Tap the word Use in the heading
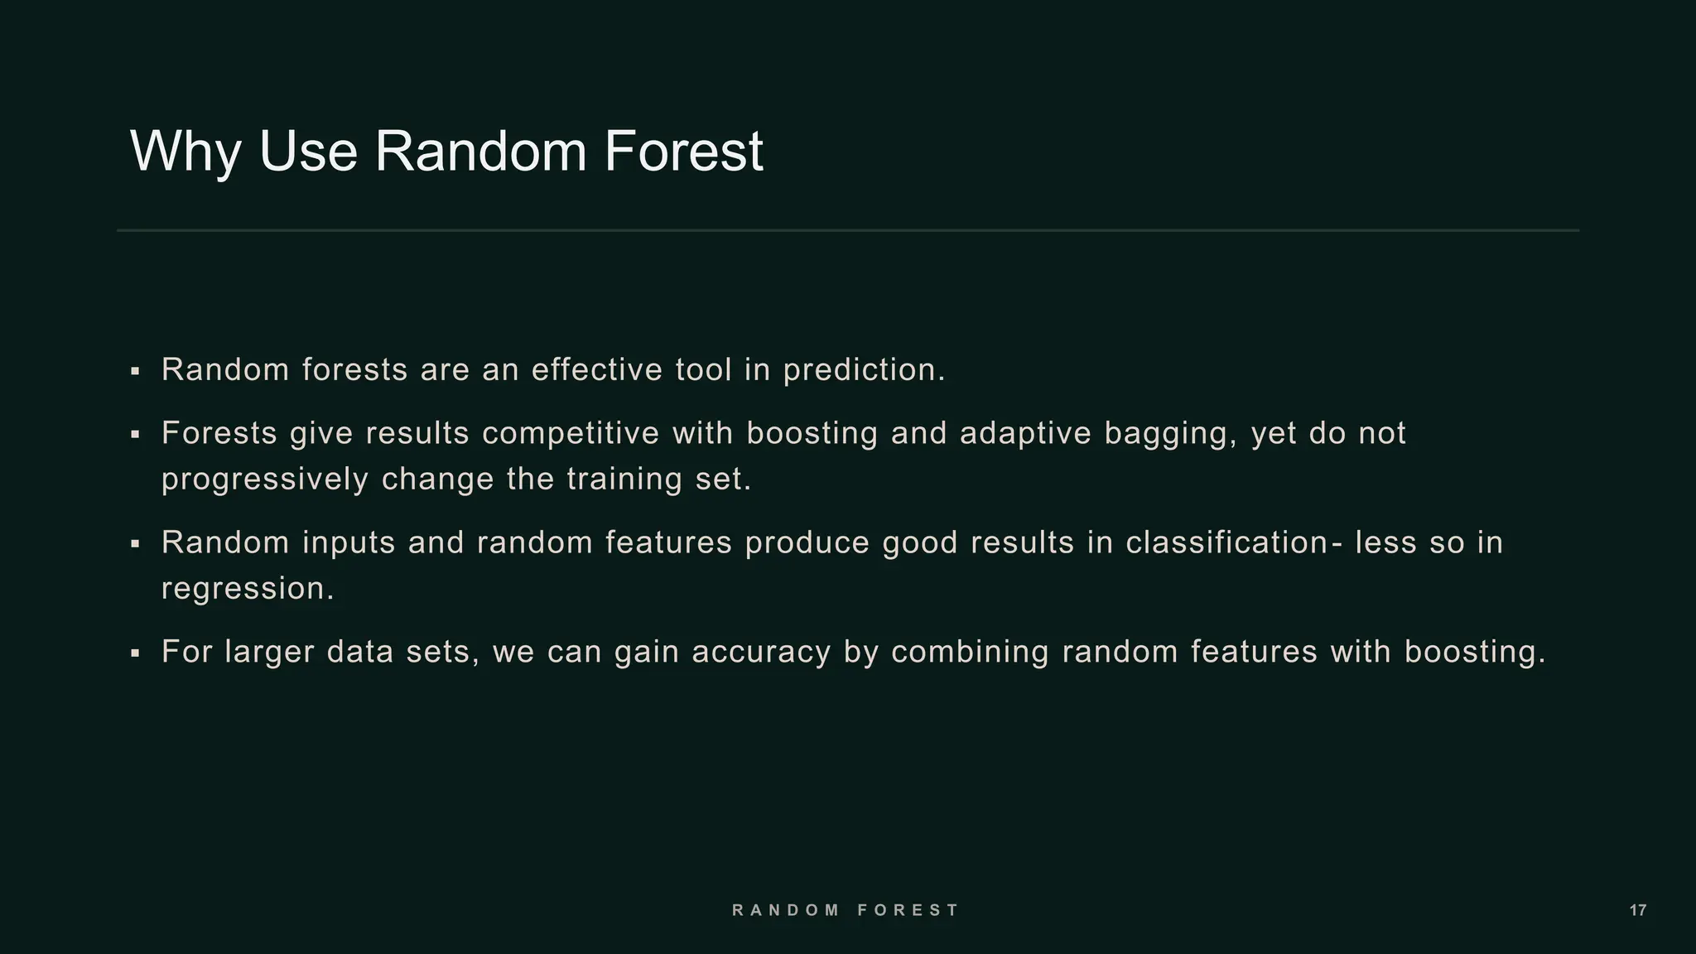[307, 152]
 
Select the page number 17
[1637, 911]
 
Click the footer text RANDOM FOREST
[846, 910]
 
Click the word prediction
[864, 370]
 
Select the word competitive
[571, 433]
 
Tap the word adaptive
[1025, 433]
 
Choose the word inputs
[349, 543]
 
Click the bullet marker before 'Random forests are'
[135, 371]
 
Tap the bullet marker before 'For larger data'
[135, 653]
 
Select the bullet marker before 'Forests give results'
[135, 434]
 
